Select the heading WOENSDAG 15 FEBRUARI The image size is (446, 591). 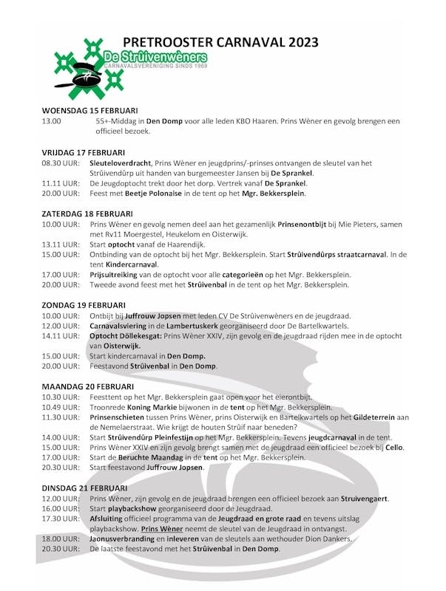[89, 110]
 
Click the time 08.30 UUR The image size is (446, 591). [61, 163]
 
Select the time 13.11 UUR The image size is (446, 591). [61, 244]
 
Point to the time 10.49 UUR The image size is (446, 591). [61, 407]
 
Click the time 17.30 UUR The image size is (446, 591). [61, 519]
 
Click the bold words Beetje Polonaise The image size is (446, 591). [163, 194]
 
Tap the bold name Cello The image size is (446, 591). [393, 447]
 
